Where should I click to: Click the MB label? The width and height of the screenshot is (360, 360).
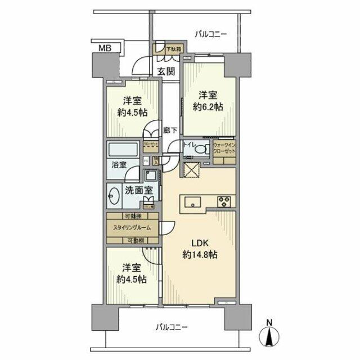106,48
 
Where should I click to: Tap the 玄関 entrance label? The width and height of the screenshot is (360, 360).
166,71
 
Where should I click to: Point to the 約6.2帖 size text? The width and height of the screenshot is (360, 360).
207,106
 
